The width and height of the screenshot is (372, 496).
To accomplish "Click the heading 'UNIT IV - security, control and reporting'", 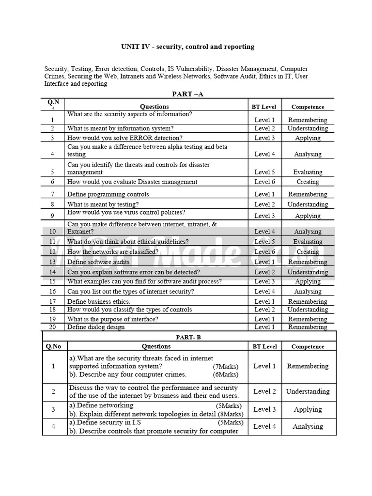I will coord(187,47).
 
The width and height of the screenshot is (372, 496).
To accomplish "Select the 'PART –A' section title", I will coord(187,94).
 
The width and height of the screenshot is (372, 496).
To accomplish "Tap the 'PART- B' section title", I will coord(188,337).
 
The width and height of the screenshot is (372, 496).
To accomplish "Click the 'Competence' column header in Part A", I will coord(308,107).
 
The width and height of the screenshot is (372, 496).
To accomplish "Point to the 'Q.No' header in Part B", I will coord(53,347).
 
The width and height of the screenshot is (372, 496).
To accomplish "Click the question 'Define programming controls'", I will coord(108,194).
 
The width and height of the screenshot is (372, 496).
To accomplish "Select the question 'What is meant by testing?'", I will coord(103,204).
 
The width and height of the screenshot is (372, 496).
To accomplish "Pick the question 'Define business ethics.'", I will coord(99,301).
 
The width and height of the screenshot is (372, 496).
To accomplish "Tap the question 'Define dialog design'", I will coord(96,327).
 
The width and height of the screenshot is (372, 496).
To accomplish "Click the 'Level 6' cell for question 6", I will coord(264,182).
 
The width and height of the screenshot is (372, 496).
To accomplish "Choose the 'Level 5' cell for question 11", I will coord(264,242).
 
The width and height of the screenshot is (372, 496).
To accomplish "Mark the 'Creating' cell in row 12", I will coord(308,252).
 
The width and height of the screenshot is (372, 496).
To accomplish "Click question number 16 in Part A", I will coord(53,292).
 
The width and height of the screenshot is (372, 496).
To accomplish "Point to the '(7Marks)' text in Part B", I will coord(225,367).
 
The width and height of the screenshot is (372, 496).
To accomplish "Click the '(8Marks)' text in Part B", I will coord(227,414).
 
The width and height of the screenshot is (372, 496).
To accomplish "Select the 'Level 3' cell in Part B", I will coord(264,409).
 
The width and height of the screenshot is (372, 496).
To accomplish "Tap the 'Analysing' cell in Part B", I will coord(308,427).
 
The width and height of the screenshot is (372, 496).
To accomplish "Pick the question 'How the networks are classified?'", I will coord(113,252).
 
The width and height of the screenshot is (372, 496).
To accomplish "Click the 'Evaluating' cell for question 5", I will coord(308,172).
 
